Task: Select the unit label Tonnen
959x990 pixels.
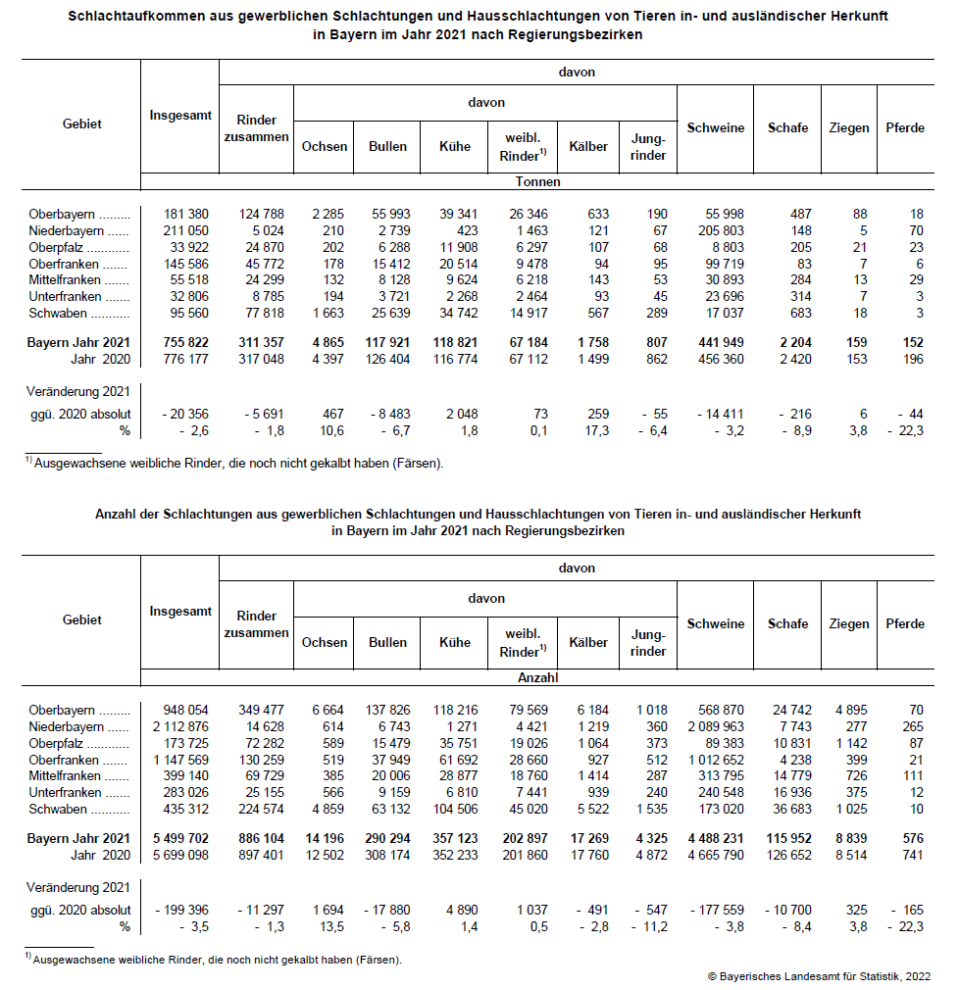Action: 537,181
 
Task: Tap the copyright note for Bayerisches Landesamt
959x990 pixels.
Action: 819,976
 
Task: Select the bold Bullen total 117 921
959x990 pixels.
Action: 391,343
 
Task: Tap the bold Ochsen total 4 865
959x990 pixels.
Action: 328,343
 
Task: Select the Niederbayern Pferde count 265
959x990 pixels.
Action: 911,726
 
